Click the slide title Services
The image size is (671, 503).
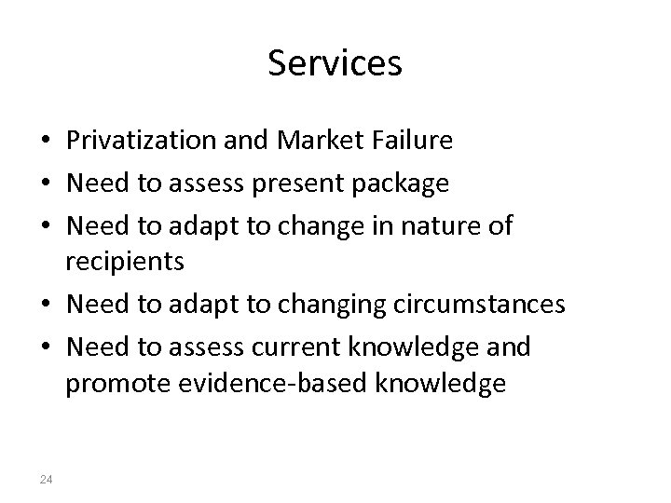pos(335,64)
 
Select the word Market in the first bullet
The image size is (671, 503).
pos(309,142)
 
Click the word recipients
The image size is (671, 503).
pos(126,262)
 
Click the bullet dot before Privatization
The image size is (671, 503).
pos(45,143)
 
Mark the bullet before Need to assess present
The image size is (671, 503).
pos(45,184)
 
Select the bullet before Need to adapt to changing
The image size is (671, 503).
pos(45,306)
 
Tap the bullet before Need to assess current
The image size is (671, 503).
pos(45,347)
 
